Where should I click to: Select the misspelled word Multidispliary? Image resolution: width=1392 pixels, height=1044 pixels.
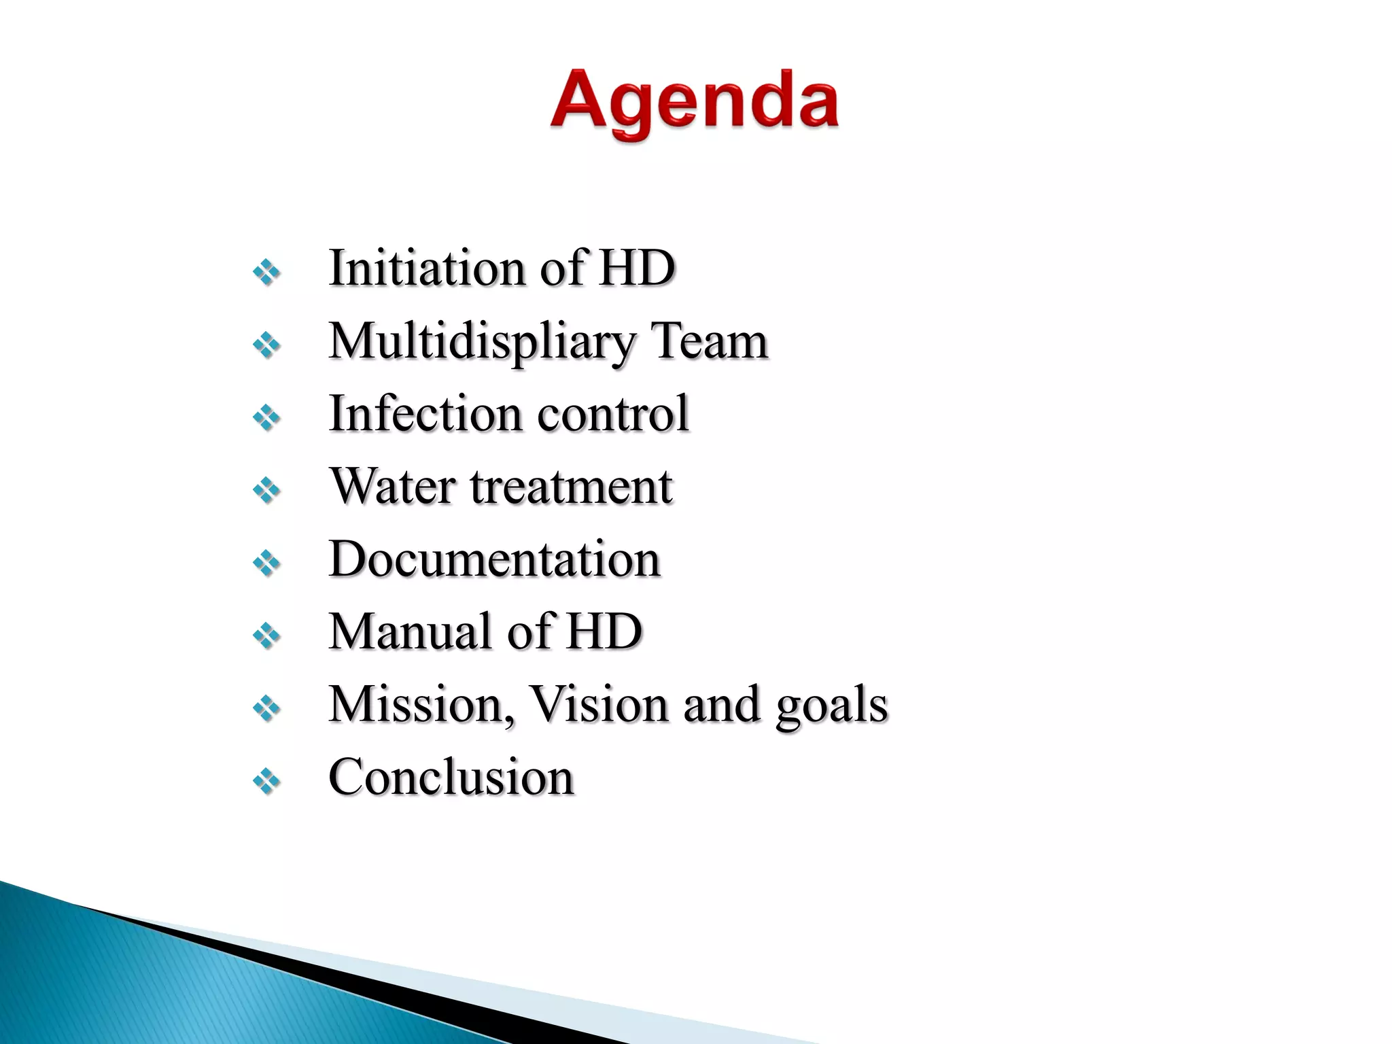[481, 342]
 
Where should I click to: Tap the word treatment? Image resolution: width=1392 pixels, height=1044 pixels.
[571, 487]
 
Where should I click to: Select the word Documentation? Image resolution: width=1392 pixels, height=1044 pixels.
[494, 559]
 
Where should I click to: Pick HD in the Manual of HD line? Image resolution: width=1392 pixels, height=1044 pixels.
[604, 631]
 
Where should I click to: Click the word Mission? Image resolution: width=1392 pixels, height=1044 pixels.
[421, 705]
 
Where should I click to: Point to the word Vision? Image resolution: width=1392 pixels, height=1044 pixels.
[599, 705]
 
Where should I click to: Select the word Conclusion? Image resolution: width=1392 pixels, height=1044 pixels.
[451, 777]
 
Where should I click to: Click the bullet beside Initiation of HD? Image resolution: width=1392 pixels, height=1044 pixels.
[266, 273]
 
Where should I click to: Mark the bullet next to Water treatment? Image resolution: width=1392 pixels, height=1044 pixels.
[266, 491]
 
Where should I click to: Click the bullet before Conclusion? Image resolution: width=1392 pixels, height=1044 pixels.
[266, 782]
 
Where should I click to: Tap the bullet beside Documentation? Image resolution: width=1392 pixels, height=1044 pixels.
[266, 563]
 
